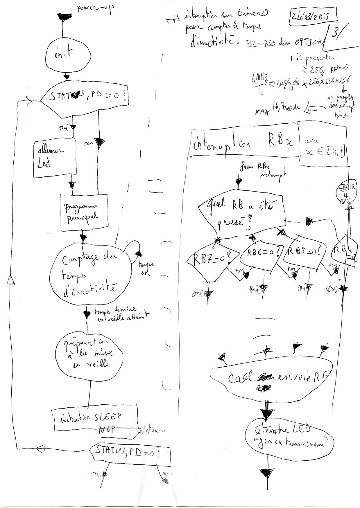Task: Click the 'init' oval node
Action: (x=69, y=56)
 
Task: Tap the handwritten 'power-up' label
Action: (x=95, y=10)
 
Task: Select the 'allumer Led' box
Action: (x=55, y=158)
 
